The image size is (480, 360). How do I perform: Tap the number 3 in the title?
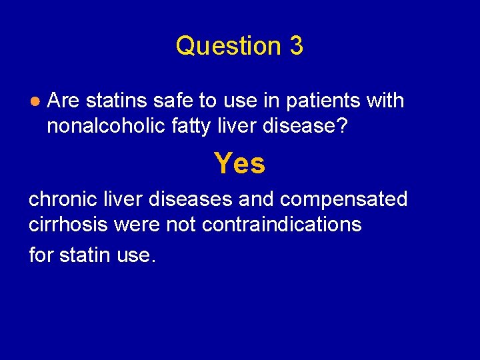(296, 46)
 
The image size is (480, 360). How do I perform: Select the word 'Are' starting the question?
(64, 101)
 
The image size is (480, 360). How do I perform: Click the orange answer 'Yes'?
(239, 163)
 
